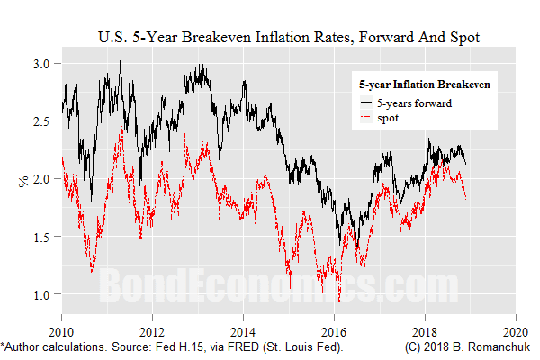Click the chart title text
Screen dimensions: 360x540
click(287, 39)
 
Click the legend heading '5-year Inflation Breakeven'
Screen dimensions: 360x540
click(424, 85)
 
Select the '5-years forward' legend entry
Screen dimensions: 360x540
click(413, 103)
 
